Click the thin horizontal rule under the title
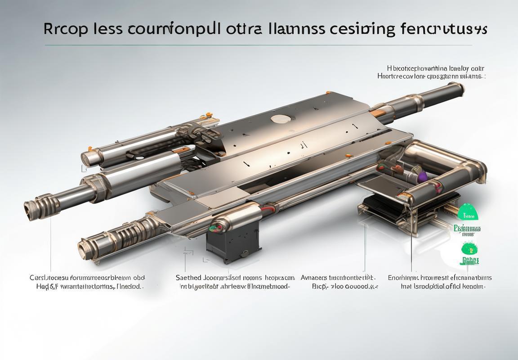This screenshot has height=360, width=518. (259, 45)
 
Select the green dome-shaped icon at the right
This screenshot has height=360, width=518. (469, 212)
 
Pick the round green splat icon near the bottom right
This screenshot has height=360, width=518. (469, 248)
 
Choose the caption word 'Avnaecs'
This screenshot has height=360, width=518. (314, 278)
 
